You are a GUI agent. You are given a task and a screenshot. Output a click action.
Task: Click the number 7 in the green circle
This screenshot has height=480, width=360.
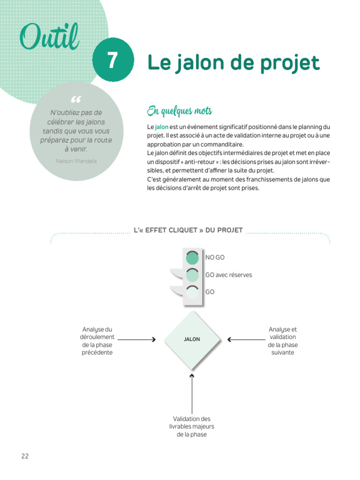click(x=113, y=60)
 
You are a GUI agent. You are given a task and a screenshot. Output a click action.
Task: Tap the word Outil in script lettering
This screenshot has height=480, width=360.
click(x=49, y=37)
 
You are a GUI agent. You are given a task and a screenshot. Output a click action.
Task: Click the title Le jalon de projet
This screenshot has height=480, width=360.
click(x=233, y=62)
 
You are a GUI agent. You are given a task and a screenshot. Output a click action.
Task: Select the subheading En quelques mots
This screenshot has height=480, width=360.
click(x=180, y=111)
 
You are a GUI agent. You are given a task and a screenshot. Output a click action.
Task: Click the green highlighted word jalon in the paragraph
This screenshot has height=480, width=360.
click(x=162, y=127)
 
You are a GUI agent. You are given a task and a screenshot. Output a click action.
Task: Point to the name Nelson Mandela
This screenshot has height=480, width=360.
click(x=76, y=160)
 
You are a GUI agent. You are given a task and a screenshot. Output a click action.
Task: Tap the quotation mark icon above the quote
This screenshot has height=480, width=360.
click(x=76, y=100)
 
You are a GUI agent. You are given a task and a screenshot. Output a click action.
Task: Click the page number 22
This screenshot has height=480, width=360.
click(x=25, y=456)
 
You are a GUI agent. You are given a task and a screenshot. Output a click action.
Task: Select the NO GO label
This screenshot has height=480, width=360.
click(x=215, y=257)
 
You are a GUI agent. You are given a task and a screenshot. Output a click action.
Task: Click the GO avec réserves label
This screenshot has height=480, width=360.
click(x=228, y=275)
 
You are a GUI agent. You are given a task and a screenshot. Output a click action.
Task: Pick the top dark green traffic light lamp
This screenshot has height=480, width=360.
click(x=192, y=258)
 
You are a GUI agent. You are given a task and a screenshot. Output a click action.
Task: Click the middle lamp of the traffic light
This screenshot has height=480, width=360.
click(x=192, y=275)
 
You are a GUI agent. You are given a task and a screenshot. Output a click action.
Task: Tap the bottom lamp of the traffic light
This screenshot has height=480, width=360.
click(x=192, y=292)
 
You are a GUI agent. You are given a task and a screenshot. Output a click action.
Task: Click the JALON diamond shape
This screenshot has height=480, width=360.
click(x=192, y=339)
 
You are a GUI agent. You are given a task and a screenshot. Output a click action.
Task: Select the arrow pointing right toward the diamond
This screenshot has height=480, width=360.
click(x=136, y=339)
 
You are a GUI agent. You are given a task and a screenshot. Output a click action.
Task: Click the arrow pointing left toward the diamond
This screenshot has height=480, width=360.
click(x=246, y=339)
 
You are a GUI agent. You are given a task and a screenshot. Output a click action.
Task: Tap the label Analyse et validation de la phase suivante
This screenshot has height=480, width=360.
click(x=283, y=341)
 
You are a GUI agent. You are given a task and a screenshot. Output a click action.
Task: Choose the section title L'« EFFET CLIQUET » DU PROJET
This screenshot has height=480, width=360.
click(x=188, y=230)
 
